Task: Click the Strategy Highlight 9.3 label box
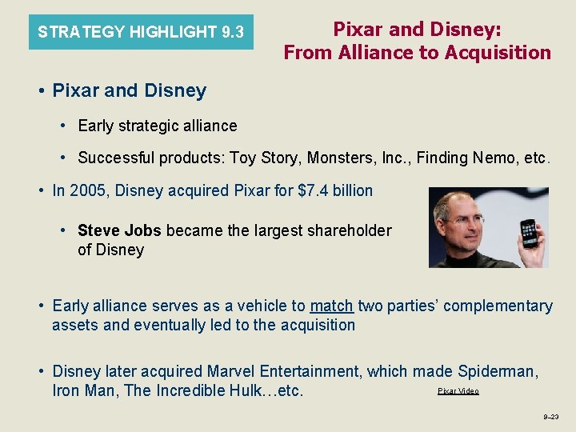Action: (x=141, y=32)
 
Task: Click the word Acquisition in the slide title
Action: (x=499, y=53)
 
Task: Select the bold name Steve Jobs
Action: (x=119, y=230)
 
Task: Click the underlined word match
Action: (x=331, y=306)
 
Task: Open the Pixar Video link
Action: (x=458, y=390)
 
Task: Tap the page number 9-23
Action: (x=551, y=417)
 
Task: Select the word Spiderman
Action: (x=498, y=371)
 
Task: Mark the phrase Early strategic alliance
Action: (x=158, y=126)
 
